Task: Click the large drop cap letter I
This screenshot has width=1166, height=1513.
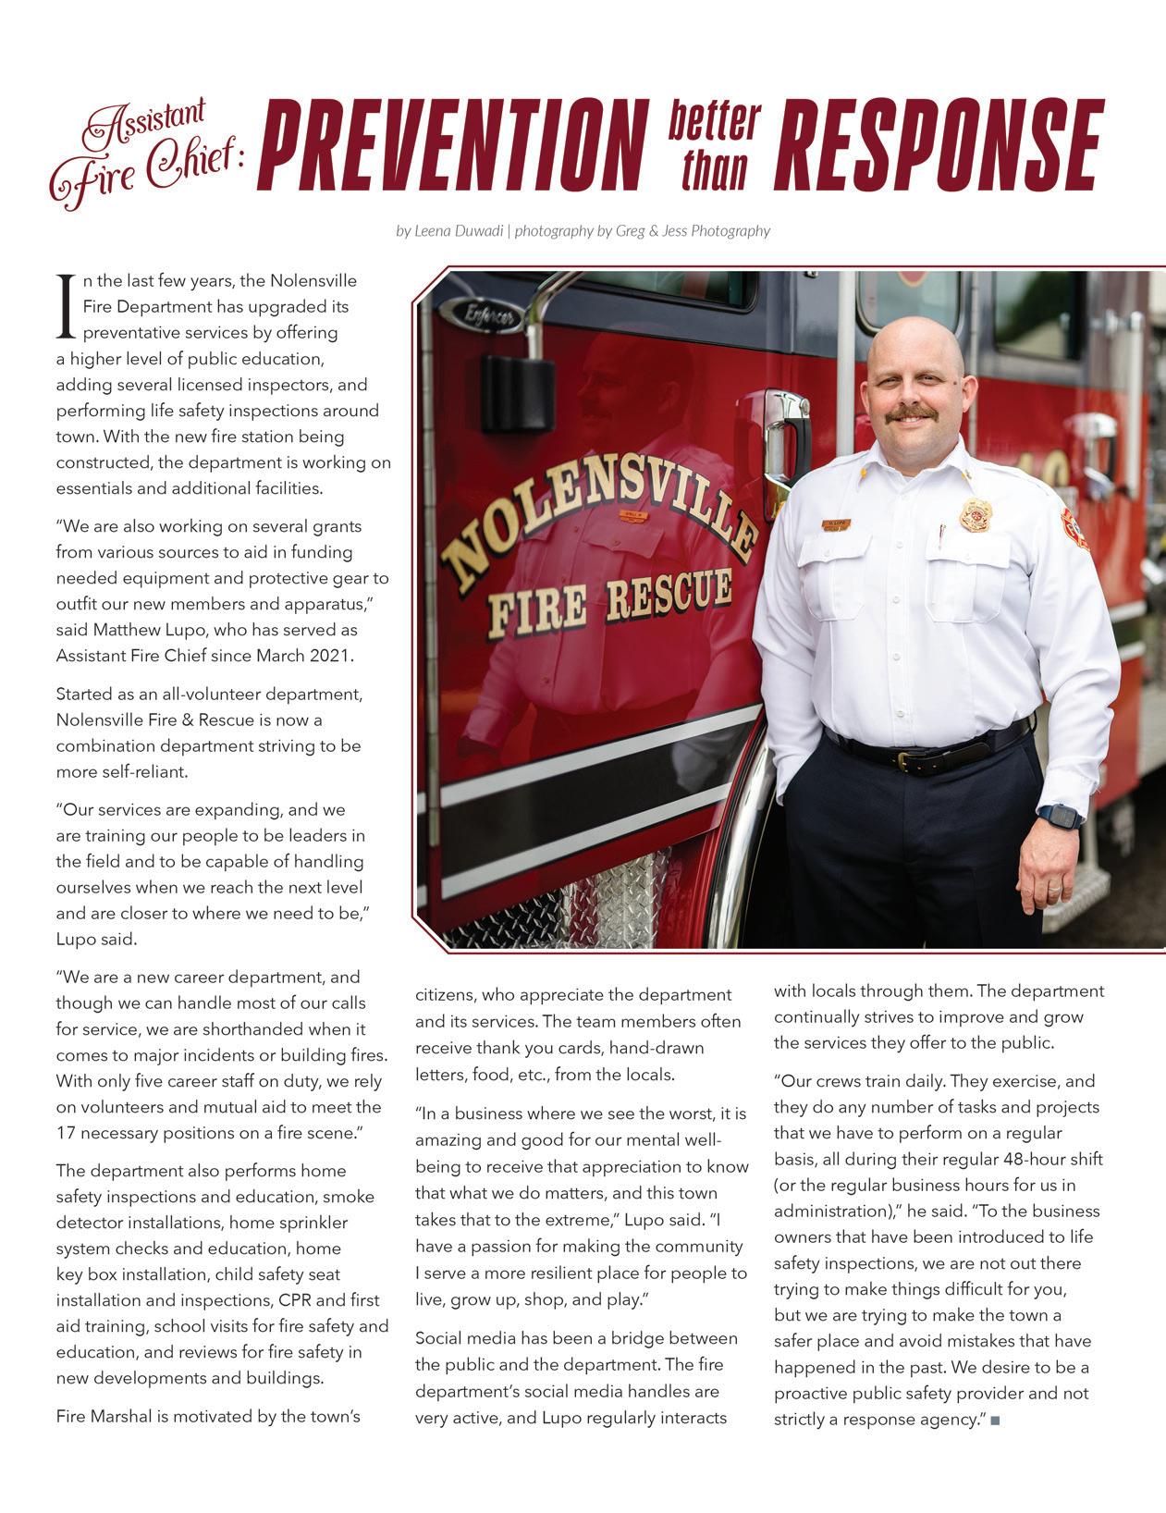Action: click(65, 305)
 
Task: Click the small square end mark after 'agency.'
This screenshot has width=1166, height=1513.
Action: click(995, 1420)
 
